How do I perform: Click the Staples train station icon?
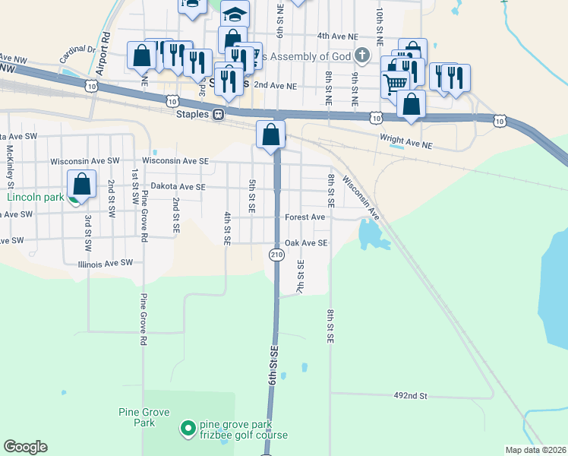tap(218, 114)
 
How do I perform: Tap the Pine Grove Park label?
tap(137, 417)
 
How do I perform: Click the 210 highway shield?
tap(276, 256)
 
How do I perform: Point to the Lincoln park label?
tap(35, 197)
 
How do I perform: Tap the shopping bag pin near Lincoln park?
tap(82, 185)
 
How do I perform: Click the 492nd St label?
tap(411, 396)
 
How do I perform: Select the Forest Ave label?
tap(305, 217)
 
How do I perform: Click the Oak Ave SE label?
tap(305, 243)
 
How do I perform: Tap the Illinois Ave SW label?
tap(105, 263)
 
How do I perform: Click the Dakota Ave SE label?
tap(178, 186)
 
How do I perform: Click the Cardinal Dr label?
tap(77, 55)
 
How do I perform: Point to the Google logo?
tap(25, 447)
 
